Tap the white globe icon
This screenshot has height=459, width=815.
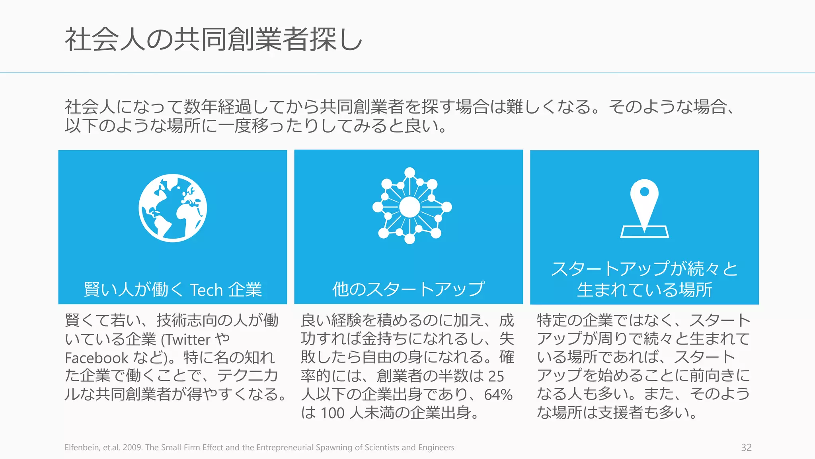(x=173, y=208)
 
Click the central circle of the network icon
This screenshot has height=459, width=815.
(x=409, y=207)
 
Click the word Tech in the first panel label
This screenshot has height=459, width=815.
(x=206, y=290)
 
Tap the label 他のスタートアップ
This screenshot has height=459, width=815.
(x=409, y=289)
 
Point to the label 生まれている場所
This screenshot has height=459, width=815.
(x=644, y=290)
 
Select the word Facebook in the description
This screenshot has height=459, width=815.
(x=97, y=358)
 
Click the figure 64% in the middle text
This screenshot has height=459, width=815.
(x=498, y=394)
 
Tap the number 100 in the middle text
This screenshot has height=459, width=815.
(x=332, y=413)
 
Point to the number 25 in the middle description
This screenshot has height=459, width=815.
(x=496, y=376)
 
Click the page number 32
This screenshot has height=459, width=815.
(x=746, y=447)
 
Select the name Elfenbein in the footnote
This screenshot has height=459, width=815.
(x=82, y=447)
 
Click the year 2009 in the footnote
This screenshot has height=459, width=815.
(x=132, y=447)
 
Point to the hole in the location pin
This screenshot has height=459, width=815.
(x=644, y=192)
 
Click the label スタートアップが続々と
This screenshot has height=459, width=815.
(x=644, y=269)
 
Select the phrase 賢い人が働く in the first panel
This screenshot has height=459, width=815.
(x=133, y=290)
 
